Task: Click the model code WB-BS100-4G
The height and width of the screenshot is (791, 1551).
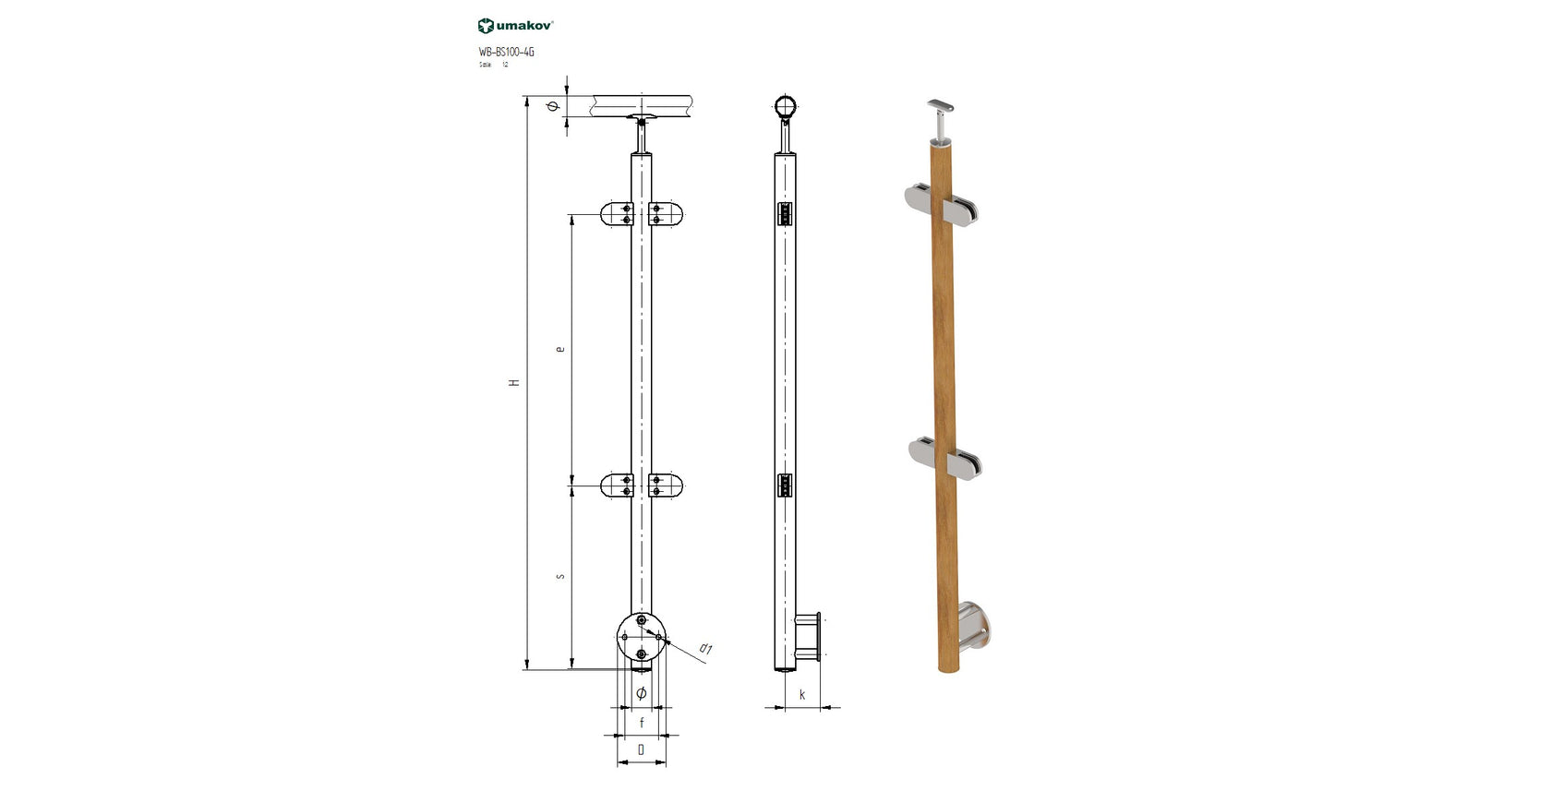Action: tap(506, 53)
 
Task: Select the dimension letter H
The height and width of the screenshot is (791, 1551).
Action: tap(515, 382)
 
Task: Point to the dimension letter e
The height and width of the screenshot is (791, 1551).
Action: tap(559, 349)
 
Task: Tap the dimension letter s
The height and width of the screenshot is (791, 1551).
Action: tap(559, 577)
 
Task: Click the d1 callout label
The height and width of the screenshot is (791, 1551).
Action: tap(705, 650)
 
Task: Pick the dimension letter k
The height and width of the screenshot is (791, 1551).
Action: tap(802, 695)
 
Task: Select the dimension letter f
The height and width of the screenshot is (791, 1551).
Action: tap(642, 724)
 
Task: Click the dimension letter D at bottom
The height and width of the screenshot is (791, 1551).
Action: tap(642, 750)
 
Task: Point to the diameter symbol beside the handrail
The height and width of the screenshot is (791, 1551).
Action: tap(553, 107)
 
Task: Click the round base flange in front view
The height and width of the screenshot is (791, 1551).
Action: tap(641, 636)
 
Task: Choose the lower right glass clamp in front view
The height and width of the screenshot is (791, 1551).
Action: tap(667, 485)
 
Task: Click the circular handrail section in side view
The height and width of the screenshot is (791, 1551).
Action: tap(786, 108)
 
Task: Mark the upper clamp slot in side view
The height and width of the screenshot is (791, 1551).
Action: tap(786, 215)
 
